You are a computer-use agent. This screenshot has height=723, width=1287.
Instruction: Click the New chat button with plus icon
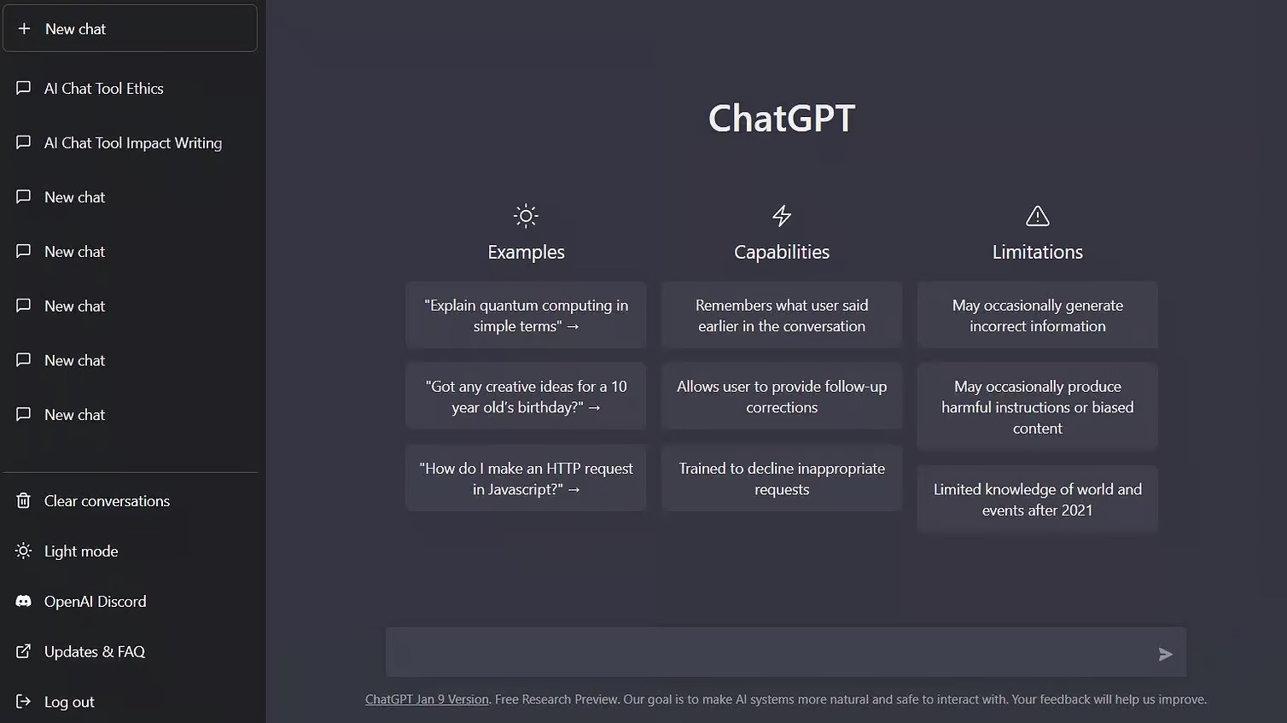click(130, 29)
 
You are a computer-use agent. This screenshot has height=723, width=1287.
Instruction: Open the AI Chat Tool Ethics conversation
click(103, 89)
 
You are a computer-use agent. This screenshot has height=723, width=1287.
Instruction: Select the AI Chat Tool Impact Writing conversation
click(132, 143)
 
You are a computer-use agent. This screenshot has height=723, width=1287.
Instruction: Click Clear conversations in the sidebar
click(107, 501)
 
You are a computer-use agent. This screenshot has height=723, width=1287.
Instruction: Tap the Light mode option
click(81, 551)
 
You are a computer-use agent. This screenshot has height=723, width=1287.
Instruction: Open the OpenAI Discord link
click(95, 602)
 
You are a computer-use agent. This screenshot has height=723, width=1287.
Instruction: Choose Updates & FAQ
click(94, 652)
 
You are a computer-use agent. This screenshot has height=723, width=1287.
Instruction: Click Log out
click(69, 703)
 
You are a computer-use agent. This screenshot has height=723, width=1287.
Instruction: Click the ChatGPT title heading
click(781, 119)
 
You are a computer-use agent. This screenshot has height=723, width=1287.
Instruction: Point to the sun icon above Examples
click(526, 216)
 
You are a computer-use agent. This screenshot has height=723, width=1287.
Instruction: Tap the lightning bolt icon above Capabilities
click(782, 216)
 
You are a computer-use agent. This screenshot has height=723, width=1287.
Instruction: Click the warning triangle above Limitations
click(1038, 216)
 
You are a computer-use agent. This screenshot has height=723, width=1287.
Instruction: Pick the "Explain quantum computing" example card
click(526, 316)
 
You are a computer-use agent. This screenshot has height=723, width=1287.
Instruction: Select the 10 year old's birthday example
click(526, 397)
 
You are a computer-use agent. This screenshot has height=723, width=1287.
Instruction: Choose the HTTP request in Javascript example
click(526, 479)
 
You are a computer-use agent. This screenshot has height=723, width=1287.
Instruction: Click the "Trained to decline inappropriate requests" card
click(782, 479)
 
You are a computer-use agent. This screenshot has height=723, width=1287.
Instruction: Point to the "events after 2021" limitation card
click(1038, 499)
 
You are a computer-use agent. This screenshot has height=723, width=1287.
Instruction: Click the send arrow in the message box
click(1165, 655)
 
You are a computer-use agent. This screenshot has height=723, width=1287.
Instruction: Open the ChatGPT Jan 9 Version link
click(427, 700)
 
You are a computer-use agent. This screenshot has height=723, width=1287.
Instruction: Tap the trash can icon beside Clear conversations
click(24, 501)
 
